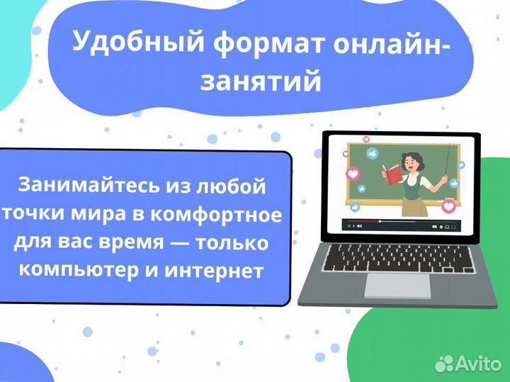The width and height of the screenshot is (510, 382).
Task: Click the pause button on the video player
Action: click(350, 226)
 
